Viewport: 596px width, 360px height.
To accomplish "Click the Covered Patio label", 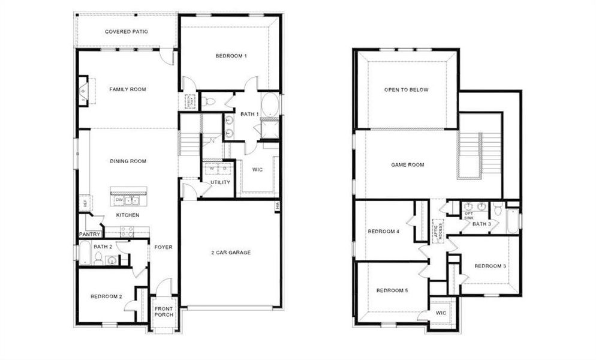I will tap(127, 32).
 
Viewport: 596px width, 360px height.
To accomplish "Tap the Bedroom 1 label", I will tap(231, 56).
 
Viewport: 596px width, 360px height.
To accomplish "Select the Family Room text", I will tap(128, 89).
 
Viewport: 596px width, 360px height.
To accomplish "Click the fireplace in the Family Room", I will tap(83, 91).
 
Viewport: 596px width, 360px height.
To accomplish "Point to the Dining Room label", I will tap(128, 161).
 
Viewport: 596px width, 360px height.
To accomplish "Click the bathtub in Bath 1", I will tap(270, 106).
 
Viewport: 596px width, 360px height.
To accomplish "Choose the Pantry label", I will tap(89, 234).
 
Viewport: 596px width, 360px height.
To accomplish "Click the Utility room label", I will tap(220, 182).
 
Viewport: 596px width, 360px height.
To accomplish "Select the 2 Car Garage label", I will tap(231, 253).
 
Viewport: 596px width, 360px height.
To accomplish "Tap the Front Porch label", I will tap(164, 313).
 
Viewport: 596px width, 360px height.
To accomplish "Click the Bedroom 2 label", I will tap(106, 296).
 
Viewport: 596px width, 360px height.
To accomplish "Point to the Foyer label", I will tap(163, 247).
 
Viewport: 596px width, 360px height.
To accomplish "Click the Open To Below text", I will tap(407, 90).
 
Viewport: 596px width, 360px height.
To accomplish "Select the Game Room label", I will tap(408, 164).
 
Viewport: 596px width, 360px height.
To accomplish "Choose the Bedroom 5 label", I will tap(392, 291).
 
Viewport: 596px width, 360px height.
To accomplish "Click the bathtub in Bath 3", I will tap(513, 221).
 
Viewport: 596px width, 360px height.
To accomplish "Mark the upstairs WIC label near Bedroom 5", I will tap(441, 313).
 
